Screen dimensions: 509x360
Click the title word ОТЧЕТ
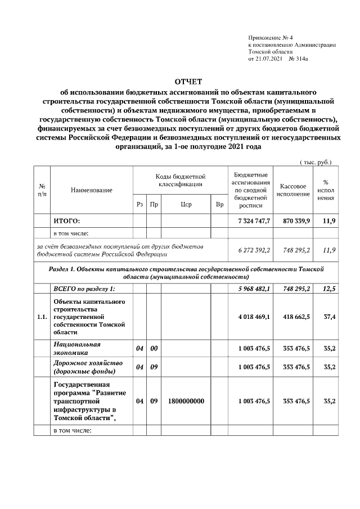click(x=180, y=82)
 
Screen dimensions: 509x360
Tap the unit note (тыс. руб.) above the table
click(x=316, y=162)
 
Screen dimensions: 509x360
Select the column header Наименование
click(x=91, y=190)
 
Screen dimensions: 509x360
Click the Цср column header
click(x=187, y=204)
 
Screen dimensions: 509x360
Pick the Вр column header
click(x=219, y=204)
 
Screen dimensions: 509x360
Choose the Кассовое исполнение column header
click(x=292, y=190)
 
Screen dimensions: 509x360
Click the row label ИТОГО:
click(x=66, y=221)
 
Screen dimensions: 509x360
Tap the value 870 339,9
click(x=292, y=221)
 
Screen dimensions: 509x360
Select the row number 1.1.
click(x=41, y=317)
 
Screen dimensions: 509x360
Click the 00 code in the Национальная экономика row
click(x=154, y=349)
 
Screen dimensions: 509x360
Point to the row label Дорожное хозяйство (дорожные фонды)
click(x=84, y=367)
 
